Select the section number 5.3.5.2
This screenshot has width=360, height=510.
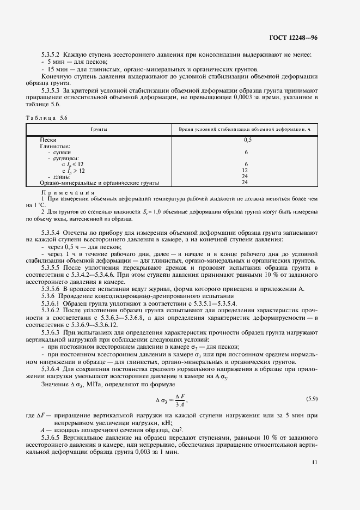(51, 55)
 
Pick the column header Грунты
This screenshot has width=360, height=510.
(99, 130)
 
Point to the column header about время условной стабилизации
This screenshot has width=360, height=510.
(245, 130)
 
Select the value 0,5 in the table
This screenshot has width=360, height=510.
(246, 140)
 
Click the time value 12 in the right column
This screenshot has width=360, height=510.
(245, 170)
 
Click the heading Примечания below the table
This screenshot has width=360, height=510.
(68, 192)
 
